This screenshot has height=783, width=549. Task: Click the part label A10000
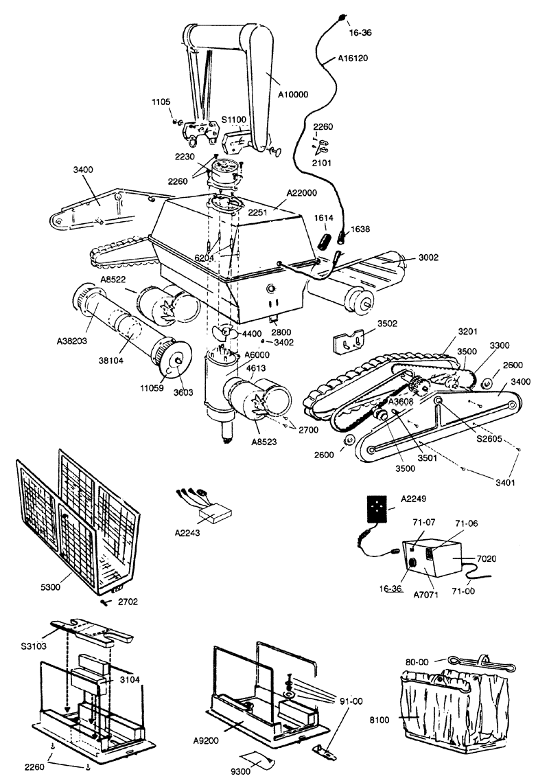[x=293, y=94]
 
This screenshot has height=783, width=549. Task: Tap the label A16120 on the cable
[x=353, y=58]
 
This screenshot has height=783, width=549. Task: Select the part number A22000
[x=301, y=193]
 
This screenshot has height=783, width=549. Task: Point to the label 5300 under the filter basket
[x=50, y=587]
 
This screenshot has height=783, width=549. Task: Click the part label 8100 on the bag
[x=379, y=720]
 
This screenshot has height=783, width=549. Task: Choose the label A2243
[x=187, y=533]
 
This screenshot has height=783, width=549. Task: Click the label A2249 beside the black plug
[x=414, y=499]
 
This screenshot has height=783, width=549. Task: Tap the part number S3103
[x=34, y=646]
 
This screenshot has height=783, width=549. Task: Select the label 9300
[x=242, y=771]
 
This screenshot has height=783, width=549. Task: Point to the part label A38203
[x=72, y=342]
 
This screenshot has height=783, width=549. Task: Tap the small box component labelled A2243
[x=215, y=513]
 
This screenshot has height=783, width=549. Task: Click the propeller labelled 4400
[x=224, y=332]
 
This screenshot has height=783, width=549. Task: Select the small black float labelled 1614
[x=325, y=240]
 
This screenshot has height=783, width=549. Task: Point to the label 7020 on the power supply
[x=487, y=559]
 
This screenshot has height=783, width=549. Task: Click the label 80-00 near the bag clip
[x=417, y=662]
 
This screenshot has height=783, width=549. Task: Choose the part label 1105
[x=161, y=102]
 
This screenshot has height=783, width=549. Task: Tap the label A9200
[x=206, y=740]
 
